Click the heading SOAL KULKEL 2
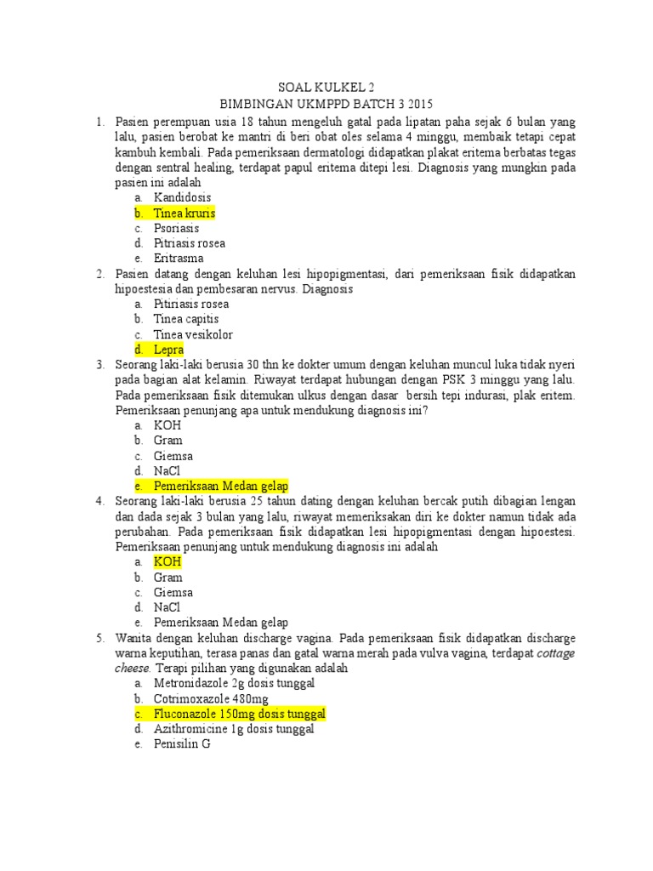[326, 88]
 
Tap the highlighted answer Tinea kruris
[185, 213]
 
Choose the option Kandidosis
[182, 197]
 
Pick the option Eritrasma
[179, 258]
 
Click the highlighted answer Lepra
[168, 350]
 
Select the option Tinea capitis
[185, 319]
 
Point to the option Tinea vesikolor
[193, 334]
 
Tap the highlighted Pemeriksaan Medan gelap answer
[221, 486]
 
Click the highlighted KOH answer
[168, 562]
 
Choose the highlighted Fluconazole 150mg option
[240, 714]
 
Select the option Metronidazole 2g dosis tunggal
[234, 683]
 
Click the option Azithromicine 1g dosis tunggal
[234, 729]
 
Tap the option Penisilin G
[181, 744]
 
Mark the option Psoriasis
[176, 228]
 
